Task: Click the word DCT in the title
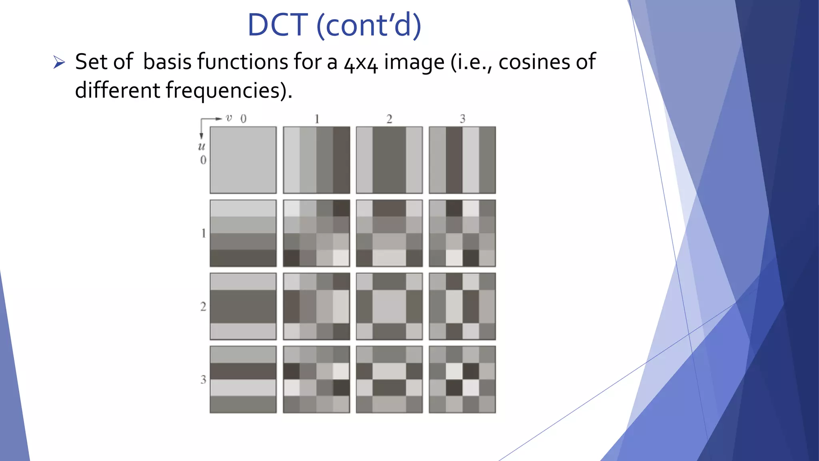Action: click(x=277, y=25)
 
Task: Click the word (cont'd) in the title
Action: click(x=369, y=25)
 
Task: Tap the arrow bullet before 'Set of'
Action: click(x=59, y=62)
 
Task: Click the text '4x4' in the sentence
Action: click(x=360, y=63)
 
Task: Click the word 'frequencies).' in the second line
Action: click(x=229, y=90)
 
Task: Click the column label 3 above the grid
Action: click(x=462, y=119)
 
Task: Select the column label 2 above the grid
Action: click(x=389, y=119)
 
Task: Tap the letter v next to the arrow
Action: click(x=229, y=118)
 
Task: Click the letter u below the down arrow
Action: click(x=202, y=146)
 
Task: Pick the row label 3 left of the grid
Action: click(x=203, y=379)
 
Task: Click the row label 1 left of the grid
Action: click(x=203, y=233)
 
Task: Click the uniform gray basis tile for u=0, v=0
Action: click(x=243, y=160)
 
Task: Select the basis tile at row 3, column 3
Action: click(x=462, y=379)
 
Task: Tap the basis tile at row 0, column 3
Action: click(x=462, y=160)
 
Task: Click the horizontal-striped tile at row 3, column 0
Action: click(x=243, y=379)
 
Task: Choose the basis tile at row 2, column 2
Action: click(x=389, y=306)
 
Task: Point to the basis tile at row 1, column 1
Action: click(x=316, y=233)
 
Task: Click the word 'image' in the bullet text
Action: click(x=414, y=62)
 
